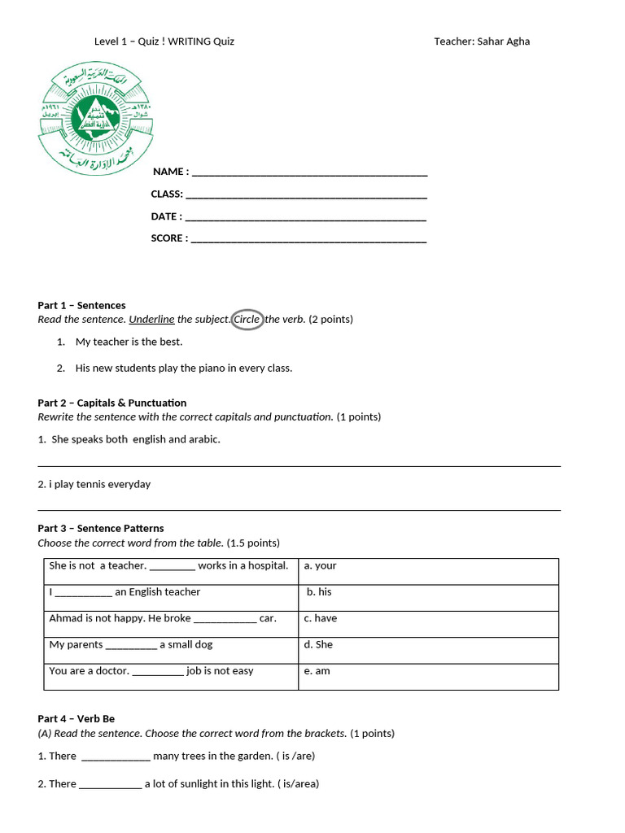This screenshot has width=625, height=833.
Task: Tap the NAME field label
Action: [170, 172]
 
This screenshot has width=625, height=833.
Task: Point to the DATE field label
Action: [166, 216]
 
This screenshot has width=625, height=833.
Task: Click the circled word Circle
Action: [247, 320]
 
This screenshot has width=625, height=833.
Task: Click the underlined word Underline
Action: [151, 320]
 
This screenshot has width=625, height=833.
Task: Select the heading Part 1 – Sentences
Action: [81, 305]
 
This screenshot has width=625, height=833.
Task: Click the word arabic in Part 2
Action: [205, 439]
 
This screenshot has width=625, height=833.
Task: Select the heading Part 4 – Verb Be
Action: [76, 718]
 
